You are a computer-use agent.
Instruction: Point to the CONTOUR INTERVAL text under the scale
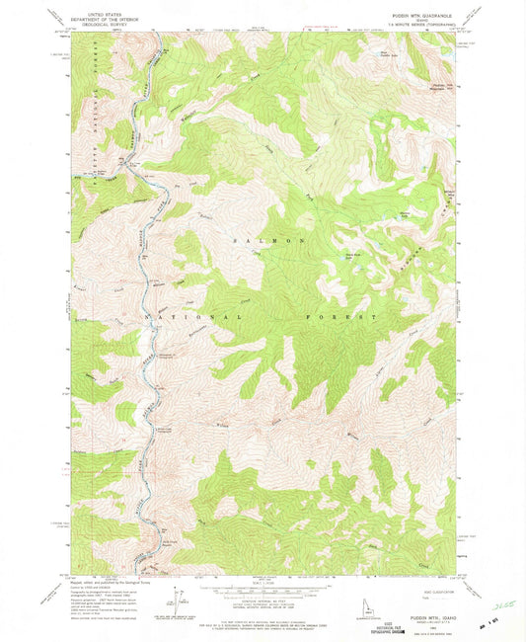coord(262,600)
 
